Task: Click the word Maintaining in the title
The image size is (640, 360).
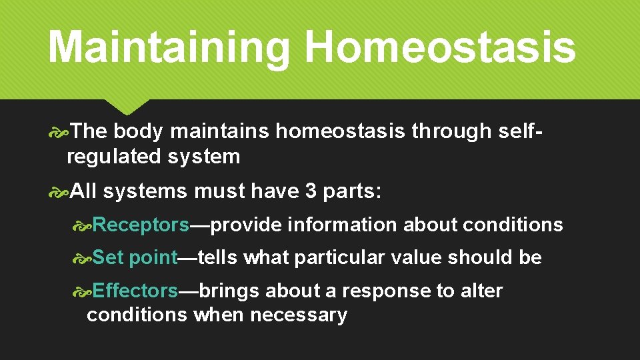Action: (169, 47)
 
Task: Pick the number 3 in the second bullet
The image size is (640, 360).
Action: (310, 192)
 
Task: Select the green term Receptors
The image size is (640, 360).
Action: (141, 225)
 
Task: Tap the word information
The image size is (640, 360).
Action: (342, 225)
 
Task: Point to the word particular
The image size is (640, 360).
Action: (337, 257)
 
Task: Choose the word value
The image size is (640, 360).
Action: (414, 257)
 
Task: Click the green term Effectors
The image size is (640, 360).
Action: (135, 291)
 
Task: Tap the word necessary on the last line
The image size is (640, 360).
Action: (299, 315)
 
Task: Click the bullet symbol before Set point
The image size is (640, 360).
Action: (83, 257)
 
